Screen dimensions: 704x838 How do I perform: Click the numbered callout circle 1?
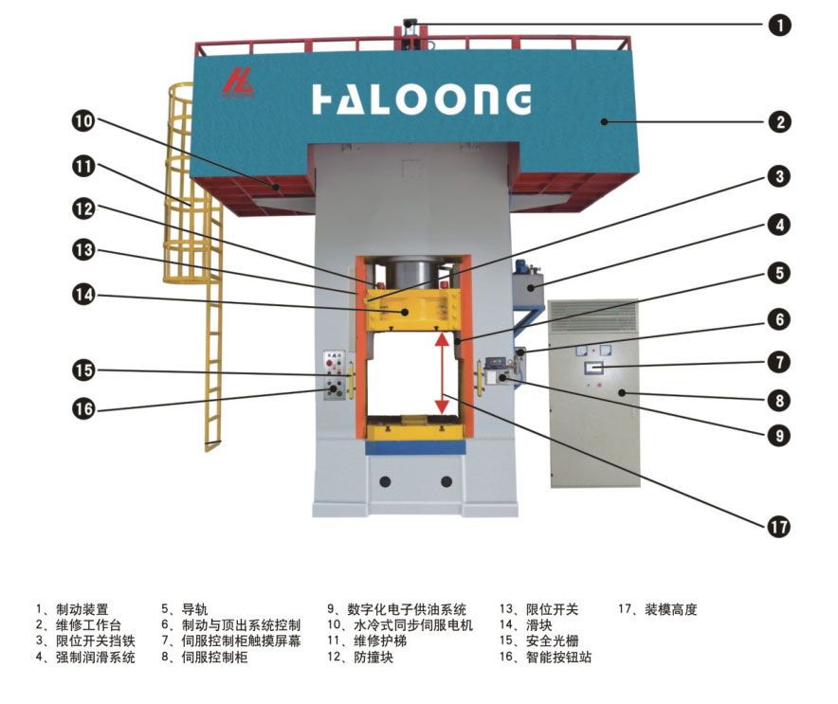coord(780,26)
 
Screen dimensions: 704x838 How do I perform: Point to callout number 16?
coord(84,409)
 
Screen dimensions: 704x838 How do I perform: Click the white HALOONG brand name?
coord(421,99)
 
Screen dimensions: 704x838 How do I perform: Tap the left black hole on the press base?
coord(386,482)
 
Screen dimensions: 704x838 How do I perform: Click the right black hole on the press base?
coord(445,482)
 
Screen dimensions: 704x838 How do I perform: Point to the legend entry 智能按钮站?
coord(558,657)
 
